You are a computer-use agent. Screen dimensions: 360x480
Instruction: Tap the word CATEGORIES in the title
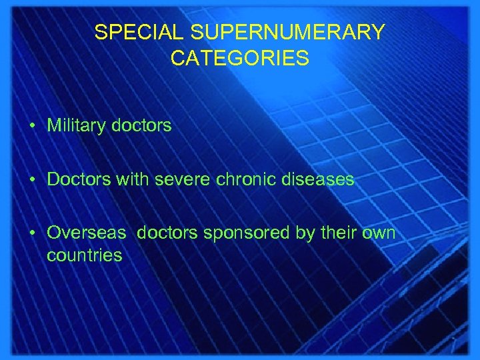coord(239,59)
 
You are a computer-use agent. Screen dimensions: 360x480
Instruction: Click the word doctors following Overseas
coord(169,233)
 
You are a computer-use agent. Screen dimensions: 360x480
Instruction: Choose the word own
coord(378,233)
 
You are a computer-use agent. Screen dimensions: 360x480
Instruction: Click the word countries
coord(85,255)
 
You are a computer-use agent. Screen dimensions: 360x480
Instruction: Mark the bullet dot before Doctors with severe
coord(33,180)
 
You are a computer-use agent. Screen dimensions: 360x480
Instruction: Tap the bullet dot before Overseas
coord(33,234)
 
